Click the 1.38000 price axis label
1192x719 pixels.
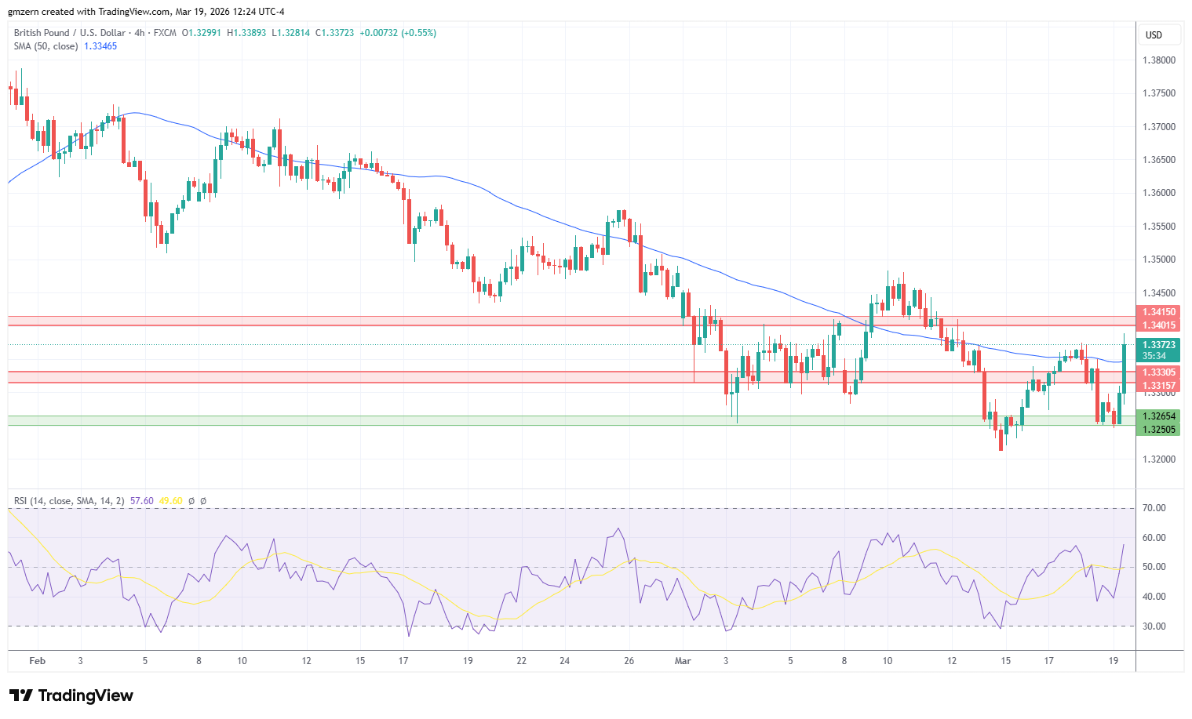coord(1158,60)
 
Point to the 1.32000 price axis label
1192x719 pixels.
coord(1158,459)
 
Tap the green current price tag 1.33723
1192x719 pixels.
coord(1159,345)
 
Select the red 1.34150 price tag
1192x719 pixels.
coord(1159,312)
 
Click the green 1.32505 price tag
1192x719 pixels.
coord(1159,430)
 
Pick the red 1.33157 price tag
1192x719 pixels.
coord(1159,386)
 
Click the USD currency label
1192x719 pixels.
coord(1154,35)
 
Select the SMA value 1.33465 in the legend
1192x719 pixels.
coord(100,46)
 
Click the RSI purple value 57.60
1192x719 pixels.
coord(142,501)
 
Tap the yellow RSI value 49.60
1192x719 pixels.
coord(170,501)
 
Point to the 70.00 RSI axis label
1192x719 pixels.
coord(1154,508)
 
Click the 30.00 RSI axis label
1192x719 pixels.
coord(1154,626)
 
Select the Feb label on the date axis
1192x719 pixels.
coord(37,661)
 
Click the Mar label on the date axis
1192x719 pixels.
coord(683,661)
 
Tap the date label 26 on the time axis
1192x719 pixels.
coord(629,661)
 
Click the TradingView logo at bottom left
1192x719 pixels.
coord(71,695)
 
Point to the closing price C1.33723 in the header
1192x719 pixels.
coord(334,33)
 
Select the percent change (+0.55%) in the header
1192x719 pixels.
coord(418,33)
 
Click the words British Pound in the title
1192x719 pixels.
coord(42,33)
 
